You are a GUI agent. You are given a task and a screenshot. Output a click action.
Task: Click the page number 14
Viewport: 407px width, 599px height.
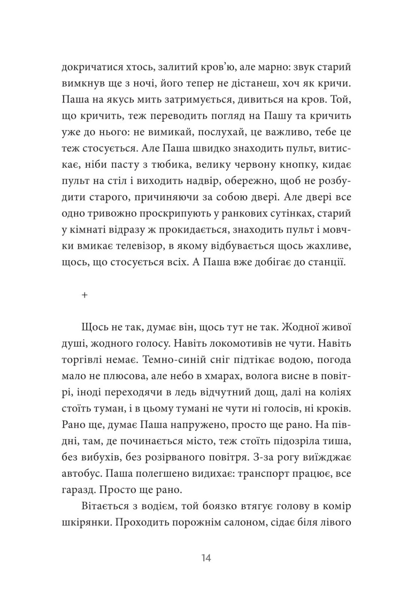pyautogui.click(x=206, y=558)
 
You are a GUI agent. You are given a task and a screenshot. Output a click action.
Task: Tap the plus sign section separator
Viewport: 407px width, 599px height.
pyautogui.click(x=84, y=295)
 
